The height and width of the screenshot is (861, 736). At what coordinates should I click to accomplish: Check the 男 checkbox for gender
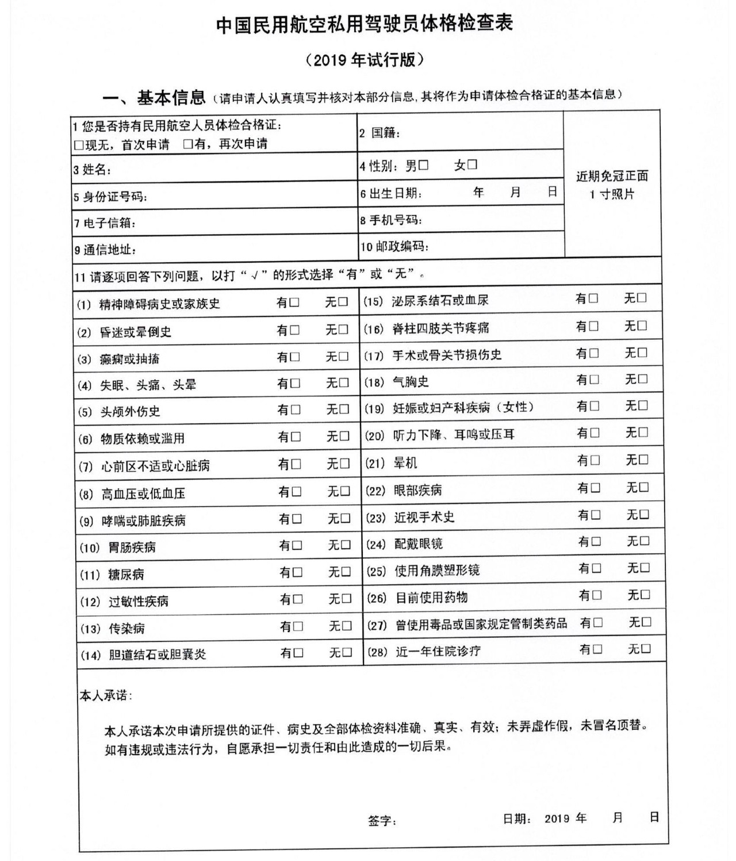(x=424, y=166)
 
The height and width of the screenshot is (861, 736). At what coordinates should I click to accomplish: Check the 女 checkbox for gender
(x=472, y=164)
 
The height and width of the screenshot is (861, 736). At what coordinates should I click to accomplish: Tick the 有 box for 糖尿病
(x=297, y=572)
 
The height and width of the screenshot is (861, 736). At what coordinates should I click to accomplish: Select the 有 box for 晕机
(x=595, y=460)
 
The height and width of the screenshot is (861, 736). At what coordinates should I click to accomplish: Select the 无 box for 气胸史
(x=643, y=379)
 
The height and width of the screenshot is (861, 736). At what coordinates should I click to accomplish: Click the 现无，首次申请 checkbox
(x=79, y=144)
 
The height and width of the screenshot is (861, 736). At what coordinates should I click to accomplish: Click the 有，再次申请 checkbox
(x=187, y=144)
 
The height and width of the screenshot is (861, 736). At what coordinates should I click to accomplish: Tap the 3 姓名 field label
(x=92, y=170)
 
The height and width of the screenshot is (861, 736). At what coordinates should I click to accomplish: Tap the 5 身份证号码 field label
(x=110, y=197)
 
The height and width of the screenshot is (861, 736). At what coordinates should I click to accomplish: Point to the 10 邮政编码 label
(x=394, y=247)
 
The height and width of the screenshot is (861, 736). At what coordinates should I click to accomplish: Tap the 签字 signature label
(x=382, y=820)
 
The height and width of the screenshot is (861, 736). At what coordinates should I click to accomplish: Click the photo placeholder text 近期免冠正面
(x=612, y=176)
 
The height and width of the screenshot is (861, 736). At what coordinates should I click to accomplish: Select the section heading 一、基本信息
(x=154, y=98)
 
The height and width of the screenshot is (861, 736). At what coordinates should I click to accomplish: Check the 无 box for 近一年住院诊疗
(x=646, y=649)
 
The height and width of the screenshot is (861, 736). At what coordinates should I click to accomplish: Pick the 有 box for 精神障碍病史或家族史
(x=294, y=302)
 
